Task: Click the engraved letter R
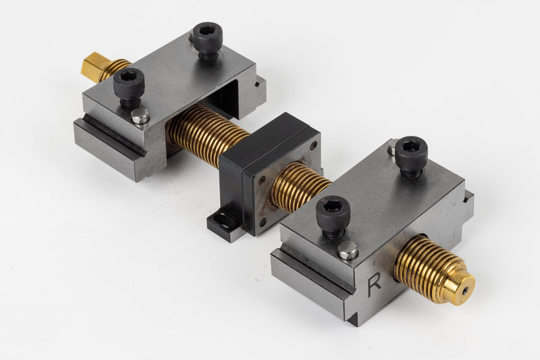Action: coord(374,285)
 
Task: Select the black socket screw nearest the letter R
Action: coord(333,217)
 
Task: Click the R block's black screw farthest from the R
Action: coord(411,156)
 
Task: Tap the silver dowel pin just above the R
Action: coord(348,250)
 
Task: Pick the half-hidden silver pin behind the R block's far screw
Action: coord(391,147)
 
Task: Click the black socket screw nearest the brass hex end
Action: coord(129,86)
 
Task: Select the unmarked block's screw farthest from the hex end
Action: coord(207,40)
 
